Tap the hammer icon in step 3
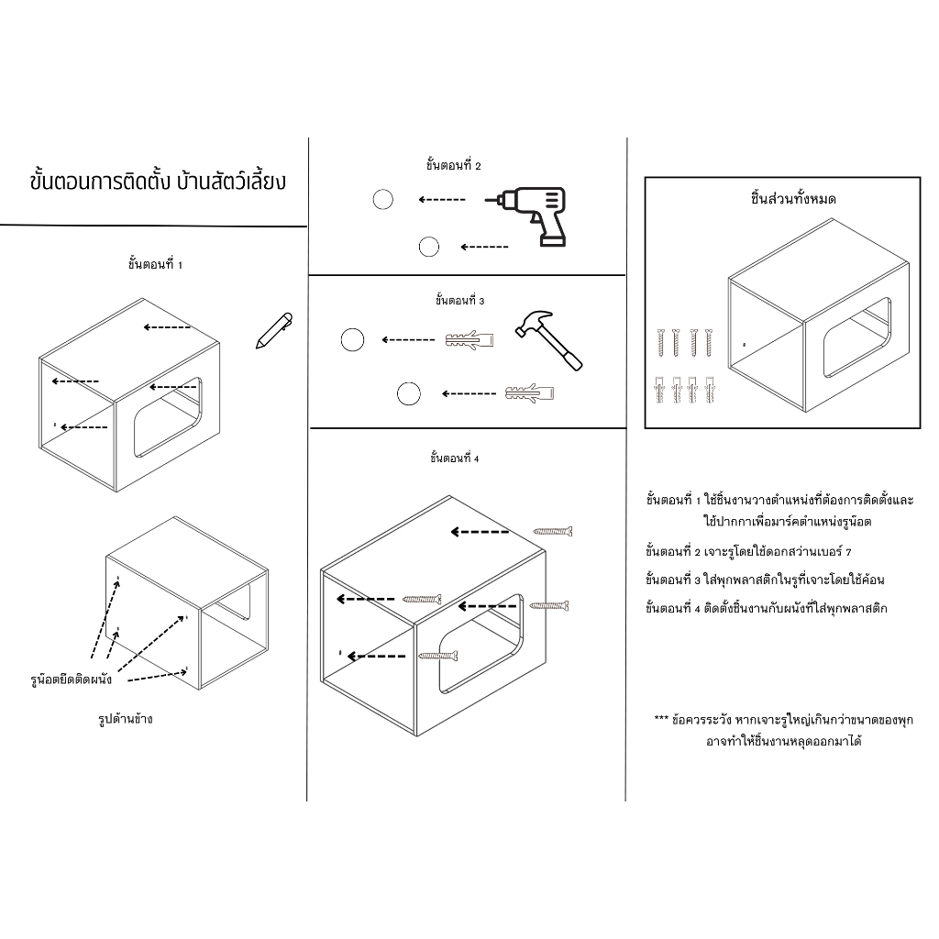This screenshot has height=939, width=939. pyautogui.click(x=548, y=339)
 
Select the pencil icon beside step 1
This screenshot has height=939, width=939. pyautogui.click(x=273, y=330)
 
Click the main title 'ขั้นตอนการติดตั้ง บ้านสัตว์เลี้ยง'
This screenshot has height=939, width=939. pyautogui.click(x=158, y=182)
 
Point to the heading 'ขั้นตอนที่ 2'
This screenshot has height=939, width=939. pyautogui.click(x=453, y=165)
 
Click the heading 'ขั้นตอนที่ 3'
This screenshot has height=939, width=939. pyautogui.click(x=460, y=300)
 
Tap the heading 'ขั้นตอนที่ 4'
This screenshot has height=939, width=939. pyautogui.click(x=455, y=458)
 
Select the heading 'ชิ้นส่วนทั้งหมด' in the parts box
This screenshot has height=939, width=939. pyautogui.click(x=793, y=198)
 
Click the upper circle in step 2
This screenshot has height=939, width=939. pyautogui.click(x=383, y=199)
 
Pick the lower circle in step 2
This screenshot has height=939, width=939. pyautogui.click(x=429, y=247)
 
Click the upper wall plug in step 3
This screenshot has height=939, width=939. pyautogui.click(x=469, y=340)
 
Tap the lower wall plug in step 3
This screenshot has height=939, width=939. pyautogui.click(x=529, y=393)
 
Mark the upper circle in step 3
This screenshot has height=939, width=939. pyautogui.click(x=352, y=339)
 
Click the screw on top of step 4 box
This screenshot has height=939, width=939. pyautogui.click(x=553, y=531)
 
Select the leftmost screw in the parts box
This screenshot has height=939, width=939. pyautogui.click(x=661, y=343)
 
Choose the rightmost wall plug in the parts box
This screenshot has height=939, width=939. pyautogui.click(x=711, y=389)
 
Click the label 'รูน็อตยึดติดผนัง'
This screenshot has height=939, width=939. pyautogui.click(x=72, y=679)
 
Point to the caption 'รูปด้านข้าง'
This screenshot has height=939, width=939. pyautogui.click(x=126, y=719)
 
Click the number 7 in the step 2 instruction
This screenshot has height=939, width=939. pyautogui.click(x=848, y=551)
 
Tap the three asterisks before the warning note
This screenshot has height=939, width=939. pyautogui.click(x=661, y=718)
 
